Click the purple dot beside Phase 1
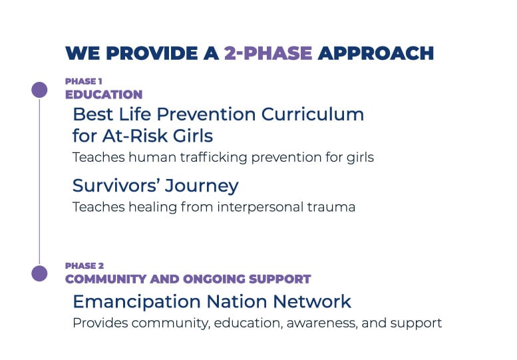click(39, 90)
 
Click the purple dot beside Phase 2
click(39, 273)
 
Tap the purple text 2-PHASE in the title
click(268, 53)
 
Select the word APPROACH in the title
click(376, 53)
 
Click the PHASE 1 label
click(84, 81)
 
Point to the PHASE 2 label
click(85, 266)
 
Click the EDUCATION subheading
click(104, 94)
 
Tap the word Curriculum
click(313, 114)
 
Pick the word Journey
click(202, 186)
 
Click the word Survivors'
click(116, 185)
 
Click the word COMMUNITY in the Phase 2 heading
click(106, 279)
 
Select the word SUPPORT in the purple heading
click(280, 279)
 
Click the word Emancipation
click(137, 302)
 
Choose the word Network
click(312, 301)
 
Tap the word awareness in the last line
click(322, 323)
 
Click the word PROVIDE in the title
click(152, 53)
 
